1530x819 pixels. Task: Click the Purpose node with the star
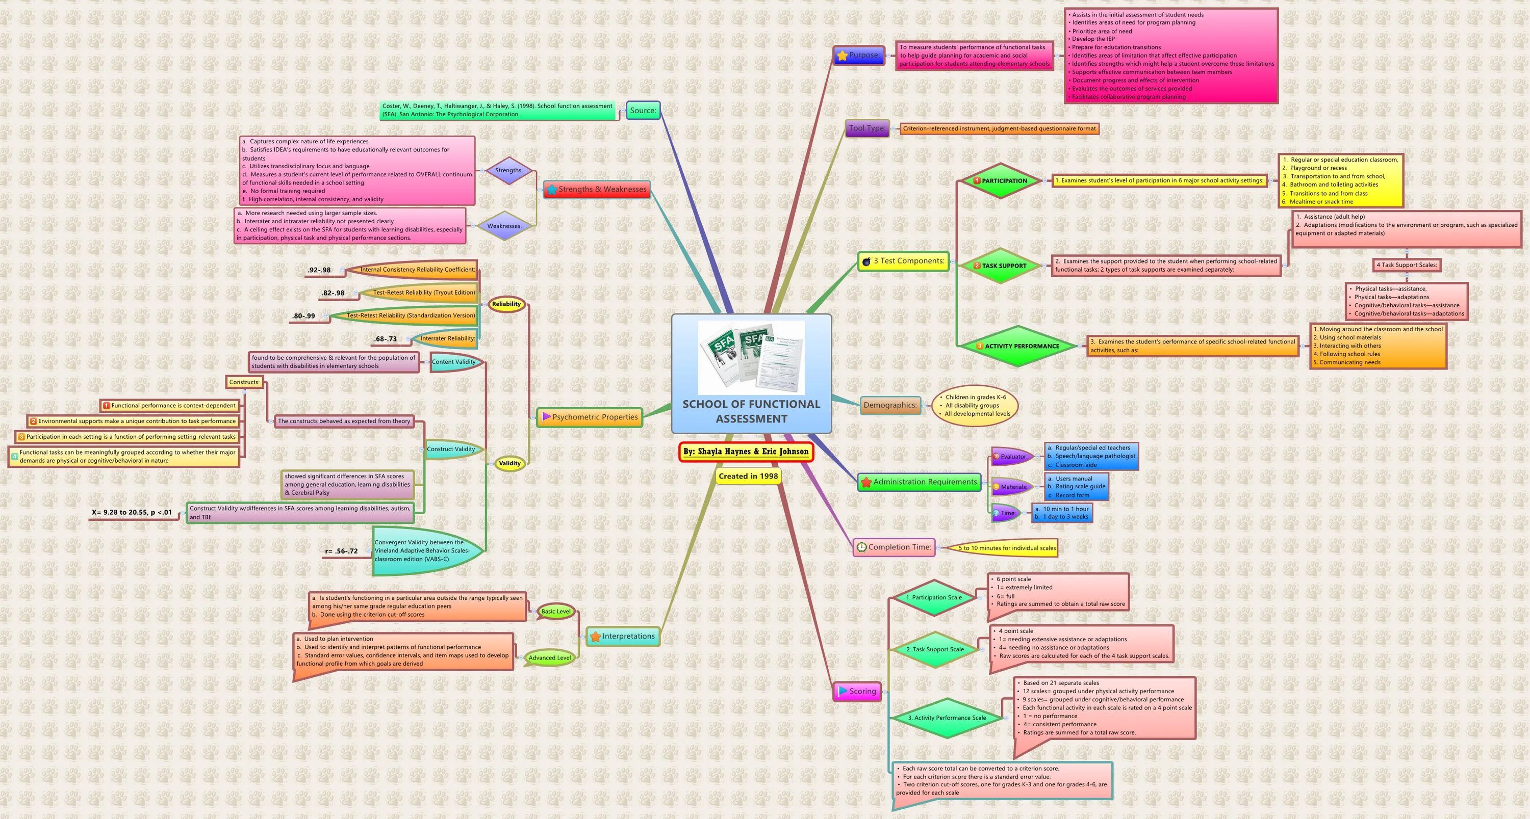click(858, 55)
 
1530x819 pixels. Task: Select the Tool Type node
click(867, 128)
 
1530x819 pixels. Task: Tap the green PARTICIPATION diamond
click(1000, 180)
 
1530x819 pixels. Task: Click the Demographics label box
click(890, 405)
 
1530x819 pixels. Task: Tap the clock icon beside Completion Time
click(861, 547)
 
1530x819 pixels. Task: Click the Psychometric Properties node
click(589, 417)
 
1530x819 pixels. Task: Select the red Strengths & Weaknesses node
click(596, 189)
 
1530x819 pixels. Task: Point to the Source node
click(643, 111)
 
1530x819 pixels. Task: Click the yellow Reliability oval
click(506, 304)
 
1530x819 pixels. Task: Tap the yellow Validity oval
click(509, 463)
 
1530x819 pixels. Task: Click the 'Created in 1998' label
click(748, 476)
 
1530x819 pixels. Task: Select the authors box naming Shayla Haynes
click(746, 452)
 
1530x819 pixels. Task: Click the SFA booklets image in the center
click(751, 357)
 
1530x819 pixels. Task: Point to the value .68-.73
click(386, 339)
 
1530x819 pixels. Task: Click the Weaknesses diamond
click(504, 226)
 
